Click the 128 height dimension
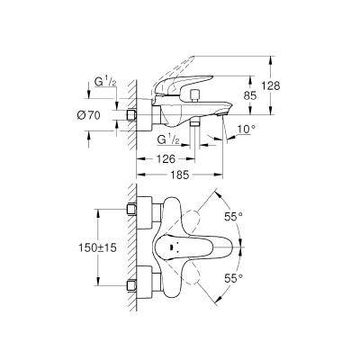[270, 85]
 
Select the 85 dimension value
[249, 96]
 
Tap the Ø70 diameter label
[88, 115]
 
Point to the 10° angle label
[247, 130]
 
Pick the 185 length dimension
[180, 175]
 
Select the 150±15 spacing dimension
[97, 247]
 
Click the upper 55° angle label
[233, 216]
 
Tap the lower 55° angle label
[233, 278]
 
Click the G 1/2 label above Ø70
[105, 82]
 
